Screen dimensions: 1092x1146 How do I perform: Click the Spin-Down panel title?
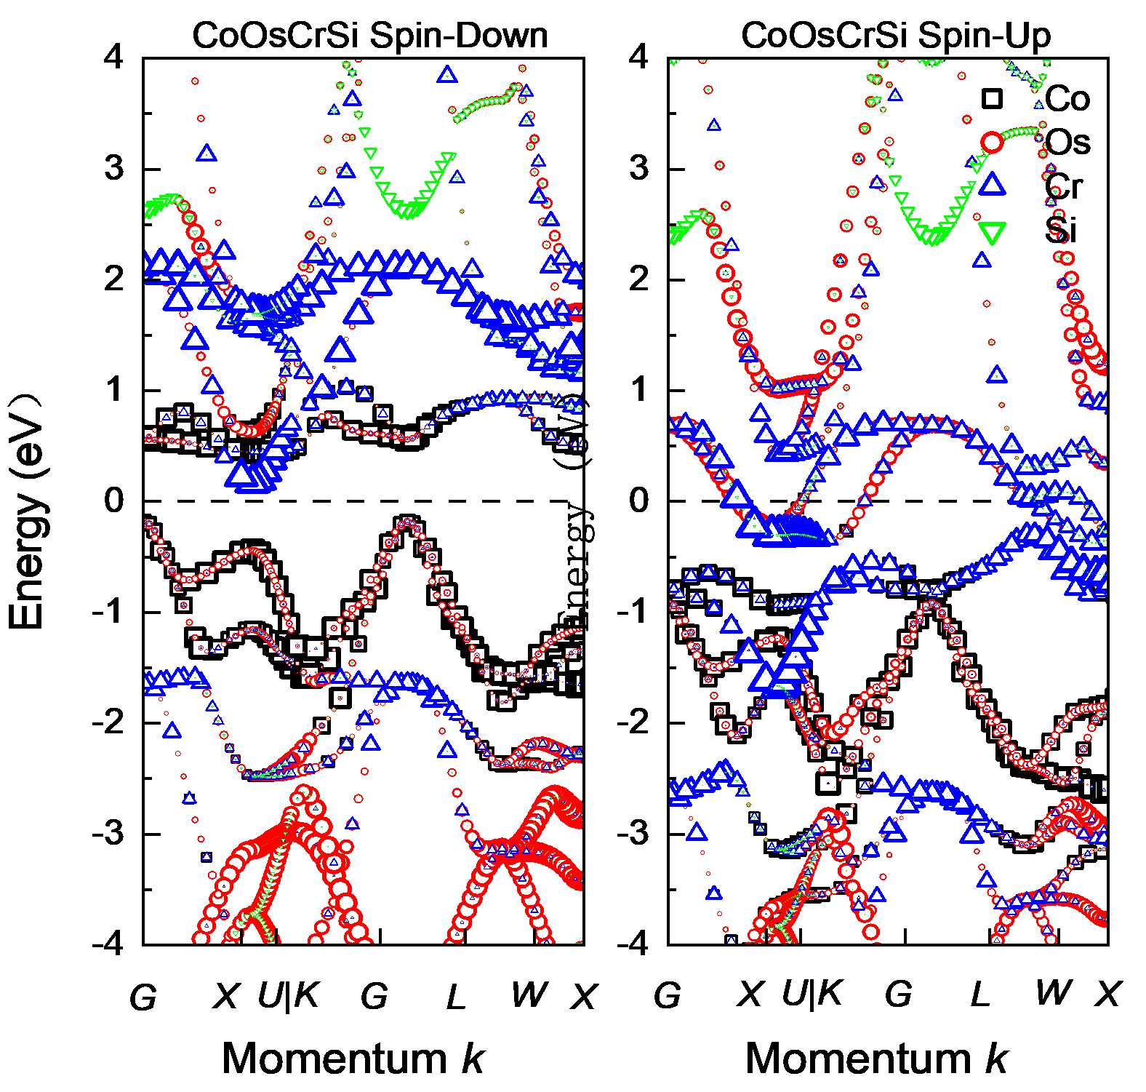(x=369, y=35)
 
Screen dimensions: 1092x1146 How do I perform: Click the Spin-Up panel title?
(x=896, y=35)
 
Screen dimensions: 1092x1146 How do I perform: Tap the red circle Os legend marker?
(x=993, y=143)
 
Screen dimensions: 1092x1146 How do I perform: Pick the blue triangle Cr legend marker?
(x=993, y=186)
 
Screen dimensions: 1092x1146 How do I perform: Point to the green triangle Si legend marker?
(x=993, y=231)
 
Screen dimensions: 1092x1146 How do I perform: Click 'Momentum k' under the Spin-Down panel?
(x=353, y=1058)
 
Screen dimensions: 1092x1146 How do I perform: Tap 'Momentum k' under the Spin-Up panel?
(x=876, y=1058)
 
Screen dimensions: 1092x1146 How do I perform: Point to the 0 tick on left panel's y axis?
(x=114, y=501)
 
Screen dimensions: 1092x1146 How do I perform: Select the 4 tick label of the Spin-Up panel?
(x=638, y=56)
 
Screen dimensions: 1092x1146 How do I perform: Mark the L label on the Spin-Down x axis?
(x=455, y=996)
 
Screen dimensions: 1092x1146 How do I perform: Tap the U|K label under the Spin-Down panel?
(x=289, y=994)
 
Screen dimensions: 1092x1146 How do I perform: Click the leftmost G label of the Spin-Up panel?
(x=667, y=996)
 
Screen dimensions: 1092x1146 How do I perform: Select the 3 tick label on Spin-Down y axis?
(x=114, y=168)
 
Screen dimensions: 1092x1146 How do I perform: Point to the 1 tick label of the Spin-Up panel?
(x=638, y=390)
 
